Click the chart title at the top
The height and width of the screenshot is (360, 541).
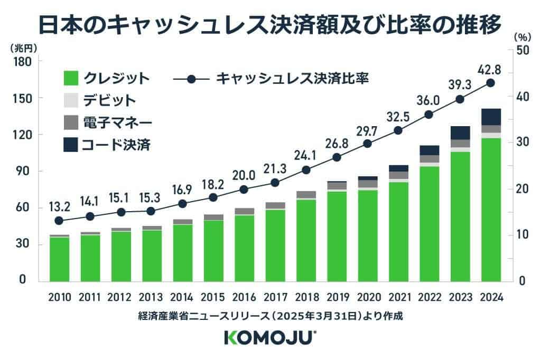(x=270, y=24)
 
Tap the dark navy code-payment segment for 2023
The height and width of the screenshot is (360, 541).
(x=460, y=132)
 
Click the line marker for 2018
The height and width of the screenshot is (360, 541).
(x=305, y=170)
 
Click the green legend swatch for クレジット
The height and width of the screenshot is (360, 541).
(x=70, y=78)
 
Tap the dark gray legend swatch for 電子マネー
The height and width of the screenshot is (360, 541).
(x=70, y=122)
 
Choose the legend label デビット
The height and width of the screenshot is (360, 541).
(x=109, y=100)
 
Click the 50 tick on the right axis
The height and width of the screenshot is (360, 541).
(x=520, y=51)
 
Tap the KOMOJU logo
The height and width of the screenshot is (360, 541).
(x=270, y=338)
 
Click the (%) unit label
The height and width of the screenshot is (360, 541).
(x=521, y=38)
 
